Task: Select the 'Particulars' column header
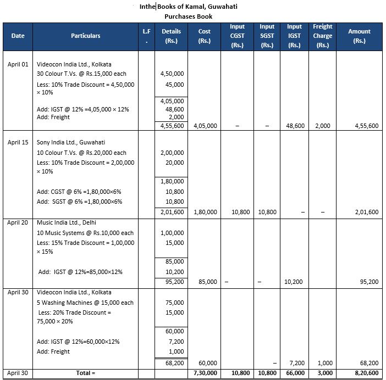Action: pos(85,36)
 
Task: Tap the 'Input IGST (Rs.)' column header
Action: pos(294,36)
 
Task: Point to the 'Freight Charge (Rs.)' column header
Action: pos(322,36)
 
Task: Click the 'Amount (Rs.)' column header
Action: pos(359,36)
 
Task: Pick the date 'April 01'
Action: pos(18,64)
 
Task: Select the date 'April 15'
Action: pos(18,143)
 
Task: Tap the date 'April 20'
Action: pos(18,222)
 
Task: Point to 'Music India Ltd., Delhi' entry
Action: pos(67,222)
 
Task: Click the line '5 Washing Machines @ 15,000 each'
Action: pos(85,303)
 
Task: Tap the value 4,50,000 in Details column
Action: pos(172,74)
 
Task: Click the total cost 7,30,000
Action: pos(205,373)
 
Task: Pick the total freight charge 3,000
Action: pos(323,373)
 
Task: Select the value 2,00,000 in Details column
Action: pos(172,153)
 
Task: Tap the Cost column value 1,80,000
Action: pos(206,212)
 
